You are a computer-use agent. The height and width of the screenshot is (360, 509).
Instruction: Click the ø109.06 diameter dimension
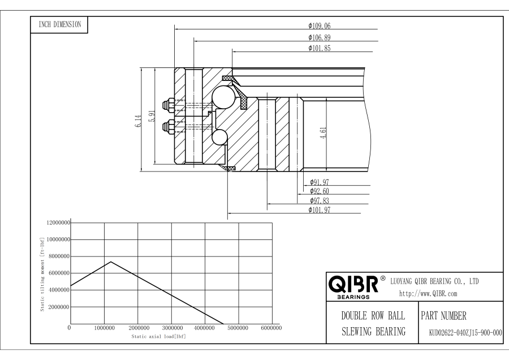320,25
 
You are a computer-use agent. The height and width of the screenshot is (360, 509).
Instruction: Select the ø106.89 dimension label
320,37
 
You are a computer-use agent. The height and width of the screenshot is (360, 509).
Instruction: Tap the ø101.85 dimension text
320,48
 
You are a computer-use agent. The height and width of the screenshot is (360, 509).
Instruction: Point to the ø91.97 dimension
320,182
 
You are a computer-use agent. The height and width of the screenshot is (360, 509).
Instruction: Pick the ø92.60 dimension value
320,191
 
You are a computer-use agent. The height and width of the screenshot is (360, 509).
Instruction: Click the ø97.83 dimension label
320,200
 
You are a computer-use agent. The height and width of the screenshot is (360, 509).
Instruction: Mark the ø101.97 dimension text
320,210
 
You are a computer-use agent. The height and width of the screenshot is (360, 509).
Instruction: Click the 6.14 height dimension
139,121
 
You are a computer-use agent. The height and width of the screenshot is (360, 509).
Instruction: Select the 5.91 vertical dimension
152,116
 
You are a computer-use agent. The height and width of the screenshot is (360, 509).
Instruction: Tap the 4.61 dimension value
323,133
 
